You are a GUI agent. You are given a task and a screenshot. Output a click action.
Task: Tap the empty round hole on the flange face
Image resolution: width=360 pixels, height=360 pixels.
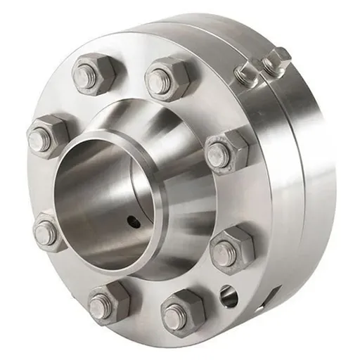click(x=229, y=296)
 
